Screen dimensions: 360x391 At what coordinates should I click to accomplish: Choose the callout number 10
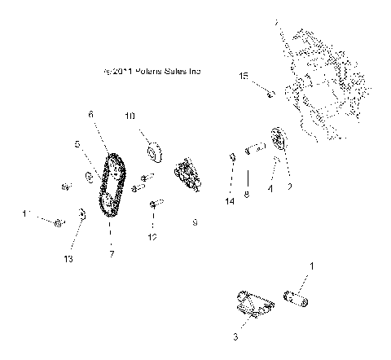(130, 116)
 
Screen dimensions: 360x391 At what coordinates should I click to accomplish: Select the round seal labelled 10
(154, 152)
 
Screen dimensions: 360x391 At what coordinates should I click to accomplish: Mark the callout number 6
(91, 115)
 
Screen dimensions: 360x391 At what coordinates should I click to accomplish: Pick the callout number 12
(152, 237)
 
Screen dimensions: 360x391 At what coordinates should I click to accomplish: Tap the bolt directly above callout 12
(152, 205)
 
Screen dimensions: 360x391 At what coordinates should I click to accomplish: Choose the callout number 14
(231, 200)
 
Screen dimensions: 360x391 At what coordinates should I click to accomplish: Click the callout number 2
(288, 187)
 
